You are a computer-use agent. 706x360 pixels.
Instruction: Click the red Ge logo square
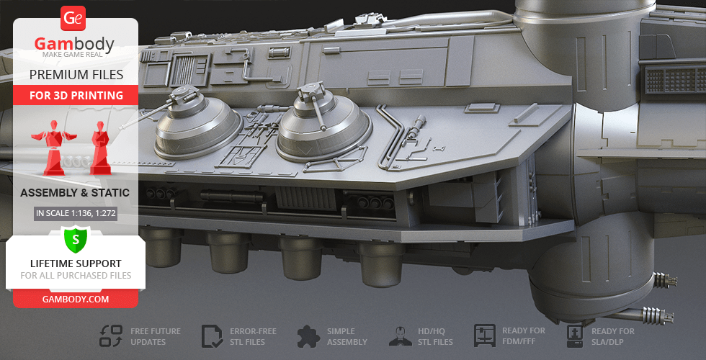click(x=73, y=19)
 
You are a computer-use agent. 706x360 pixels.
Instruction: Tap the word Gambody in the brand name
click(x=74, y=44)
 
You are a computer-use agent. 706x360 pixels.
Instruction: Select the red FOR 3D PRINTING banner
click(x=76, y=95)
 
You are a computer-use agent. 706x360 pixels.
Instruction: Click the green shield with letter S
click(x=75, y=239)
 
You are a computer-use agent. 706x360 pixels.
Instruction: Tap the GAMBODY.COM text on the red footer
click(x=76, y=299)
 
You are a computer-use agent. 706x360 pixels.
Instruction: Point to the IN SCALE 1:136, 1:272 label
click(x=76, y=213)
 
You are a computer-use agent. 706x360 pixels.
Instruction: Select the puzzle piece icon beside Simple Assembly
click(x=308, y=336)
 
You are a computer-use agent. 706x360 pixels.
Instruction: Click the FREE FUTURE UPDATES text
click(x=156, y=337)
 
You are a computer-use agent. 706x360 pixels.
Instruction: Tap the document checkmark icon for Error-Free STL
click(x=212, y=337)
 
